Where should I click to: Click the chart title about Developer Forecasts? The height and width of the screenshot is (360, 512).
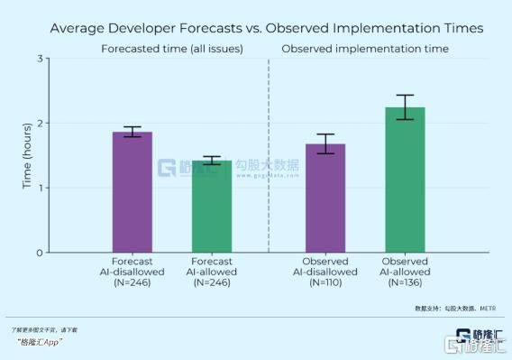(x=266, y=28)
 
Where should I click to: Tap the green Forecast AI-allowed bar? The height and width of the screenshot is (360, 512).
(x=212, y=207)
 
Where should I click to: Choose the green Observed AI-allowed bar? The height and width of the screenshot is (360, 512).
(x=405, y=180)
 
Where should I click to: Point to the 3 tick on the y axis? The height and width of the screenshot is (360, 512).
(x=40, y=59)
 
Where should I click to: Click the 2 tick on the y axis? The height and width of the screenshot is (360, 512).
(x=40, y=124)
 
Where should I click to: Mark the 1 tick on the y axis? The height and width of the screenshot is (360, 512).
(x=40, y=188)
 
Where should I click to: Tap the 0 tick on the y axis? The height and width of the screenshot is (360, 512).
(x=40, y=253)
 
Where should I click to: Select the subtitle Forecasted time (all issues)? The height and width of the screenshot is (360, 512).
(x=171, y=48)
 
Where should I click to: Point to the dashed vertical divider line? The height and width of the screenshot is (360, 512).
(x=269, y=153)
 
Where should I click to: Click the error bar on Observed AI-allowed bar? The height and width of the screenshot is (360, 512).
(x=405, y=106)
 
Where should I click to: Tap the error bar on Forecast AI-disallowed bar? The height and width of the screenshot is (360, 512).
(x=132, y=132)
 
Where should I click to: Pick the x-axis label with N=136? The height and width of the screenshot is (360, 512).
(x=405, y=272)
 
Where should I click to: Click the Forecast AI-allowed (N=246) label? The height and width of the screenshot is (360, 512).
(x=212, y=272)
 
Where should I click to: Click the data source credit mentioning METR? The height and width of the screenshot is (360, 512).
(x=455, y=308)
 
